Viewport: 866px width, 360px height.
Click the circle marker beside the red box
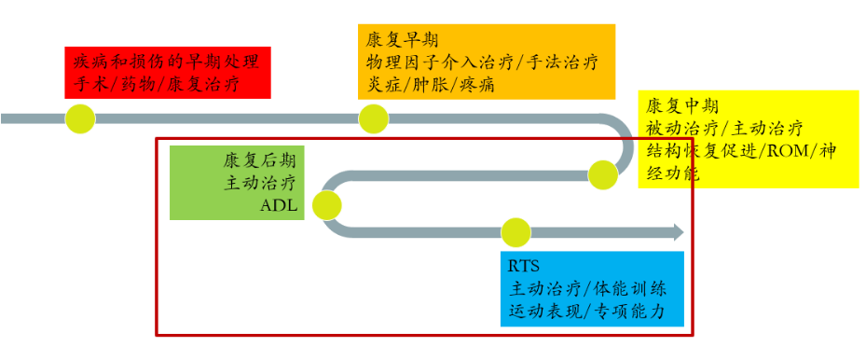pos(80,118)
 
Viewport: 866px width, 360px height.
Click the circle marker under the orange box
pos(373,118)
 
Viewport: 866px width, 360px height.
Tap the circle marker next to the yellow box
pos(602,173)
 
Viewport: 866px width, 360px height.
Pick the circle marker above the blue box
pos(515,232)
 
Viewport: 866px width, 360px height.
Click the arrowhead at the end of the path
pos(678,232)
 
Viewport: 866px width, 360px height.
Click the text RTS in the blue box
pos(525,266)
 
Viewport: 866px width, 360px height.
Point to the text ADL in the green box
pos(280,206)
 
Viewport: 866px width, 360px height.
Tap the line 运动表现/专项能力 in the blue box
pos(586,312)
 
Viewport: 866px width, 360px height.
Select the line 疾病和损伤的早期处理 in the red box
pos(167,62)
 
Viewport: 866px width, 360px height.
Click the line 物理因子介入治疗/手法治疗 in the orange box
pos(483,62)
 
